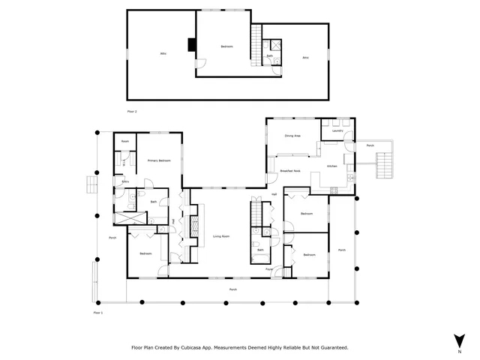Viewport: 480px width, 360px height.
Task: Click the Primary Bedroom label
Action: [x=158, y=160]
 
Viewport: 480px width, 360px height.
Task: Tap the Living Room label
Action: [x=220, y=235]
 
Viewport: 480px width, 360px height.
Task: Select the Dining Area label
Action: [x=292, y=136]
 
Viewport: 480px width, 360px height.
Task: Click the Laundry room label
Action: [x=337, y=131]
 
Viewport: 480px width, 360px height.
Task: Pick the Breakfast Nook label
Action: [x=290, y=172]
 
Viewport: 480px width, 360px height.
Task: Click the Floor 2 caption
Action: [x=132, y=111]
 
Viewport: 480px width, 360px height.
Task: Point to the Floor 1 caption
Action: [x=97, y=312]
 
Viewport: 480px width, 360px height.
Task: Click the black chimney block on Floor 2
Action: [x=192, y=46]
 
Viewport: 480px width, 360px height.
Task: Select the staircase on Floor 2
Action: [x=256, y=36]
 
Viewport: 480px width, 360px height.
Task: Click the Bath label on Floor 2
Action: [x=270, y=56]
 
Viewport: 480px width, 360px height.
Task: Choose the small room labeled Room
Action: [x=125, y=141]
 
